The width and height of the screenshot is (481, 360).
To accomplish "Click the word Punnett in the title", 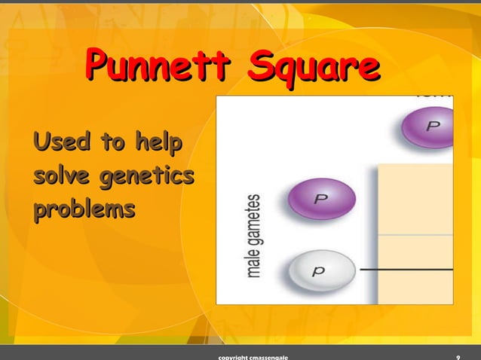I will click(x=155, y=69).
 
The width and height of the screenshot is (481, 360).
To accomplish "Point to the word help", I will click(x=159, y=141).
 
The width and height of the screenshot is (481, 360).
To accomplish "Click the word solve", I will click(x=62, y=177).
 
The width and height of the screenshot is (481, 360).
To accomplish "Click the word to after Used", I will click(x=110, y=141).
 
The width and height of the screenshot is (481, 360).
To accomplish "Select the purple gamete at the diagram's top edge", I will click(x=428, y=126).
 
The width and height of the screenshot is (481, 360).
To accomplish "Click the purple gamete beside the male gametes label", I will click(x=321, y=200).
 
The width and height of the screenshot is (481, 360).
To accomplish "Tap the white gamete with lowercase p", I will click(x=321, y=269).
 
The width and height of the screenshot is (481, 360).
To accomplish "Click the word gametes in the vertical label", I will click(x=256, y=218).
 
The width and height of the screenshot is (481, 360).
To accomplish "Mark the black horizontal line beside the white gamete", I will click(x=406, y=269).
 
